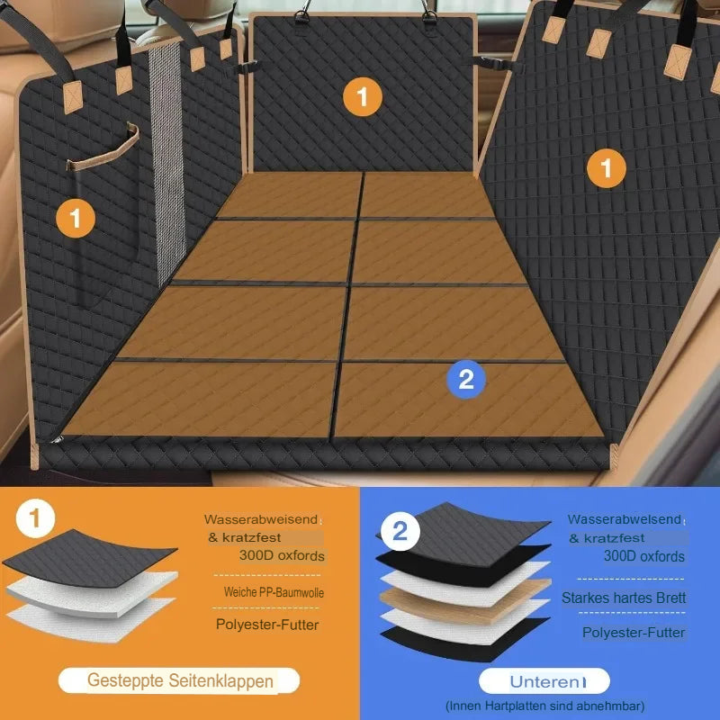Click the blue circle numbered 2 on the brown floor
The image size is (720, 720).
(x=466, y=379)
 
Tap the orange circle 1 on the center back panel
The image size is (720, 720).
(x=363, y=97)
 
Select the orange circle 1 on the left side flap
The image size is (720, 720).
(x=76, y=218)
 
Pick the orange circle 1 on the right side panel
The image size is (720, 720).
(x=606, y=168)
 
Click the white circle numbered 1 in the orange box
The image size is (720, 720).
(x=35, y=518)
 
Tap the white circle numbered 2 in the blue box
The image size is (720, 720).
(x=400, y=531)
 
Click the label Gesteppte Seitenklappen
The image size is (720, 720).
(x=179, y=680)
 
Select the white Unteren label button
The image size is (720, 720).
(x=544, y=681)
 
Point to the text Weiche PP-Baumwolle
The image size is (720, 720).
(x=274, y=592)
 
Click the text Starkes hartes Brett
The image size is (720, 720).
(x=624, y=598)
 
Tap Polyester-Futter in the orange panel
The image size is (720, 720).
(x=267, y=625)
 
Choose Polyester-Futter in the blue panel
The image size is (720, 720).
(x=634, y=633)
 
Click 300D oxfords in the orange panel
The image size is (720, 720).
(x=282, y=555)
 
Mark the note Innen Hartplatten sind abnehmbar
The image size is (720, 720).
(x=545, y=706)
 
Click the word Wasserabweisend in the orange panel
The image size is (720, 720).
(x=261, y=519)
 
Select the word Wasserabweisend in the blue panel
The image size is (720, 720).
(x=625, y=519)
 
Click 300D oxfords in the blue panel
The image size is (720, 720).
(x=643, y=556)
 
